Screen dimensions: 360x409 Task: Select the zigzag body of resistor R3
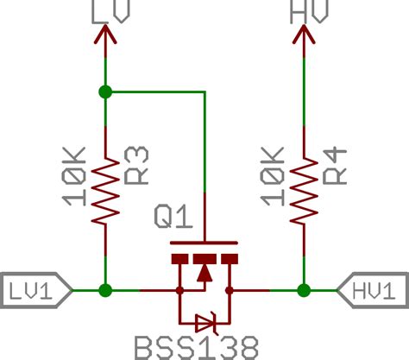pos(105,191)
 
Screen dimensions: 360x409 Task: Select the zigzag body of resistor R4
pos(304,191)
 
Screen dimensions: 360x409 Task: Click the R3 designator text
pos(136,164)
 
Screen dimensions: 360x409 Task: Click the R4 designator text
pos(335,164)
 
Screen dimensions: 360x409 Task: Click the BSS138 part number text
pos(196,347)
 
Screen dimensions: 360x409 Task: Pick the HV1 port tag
pos(373,291)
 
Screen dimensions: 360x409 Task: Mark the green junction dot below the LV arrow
pos(105,91)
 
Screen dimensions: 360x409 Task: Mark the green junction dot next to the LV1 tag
pos(105,291)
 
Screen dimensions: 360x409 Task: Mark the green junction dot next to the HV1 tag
pos(304,291)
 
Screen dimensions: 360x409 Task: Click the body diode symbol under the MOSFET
pos(205,324)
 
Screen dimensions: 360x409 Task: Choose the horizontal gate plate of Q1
pos(204,243)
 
